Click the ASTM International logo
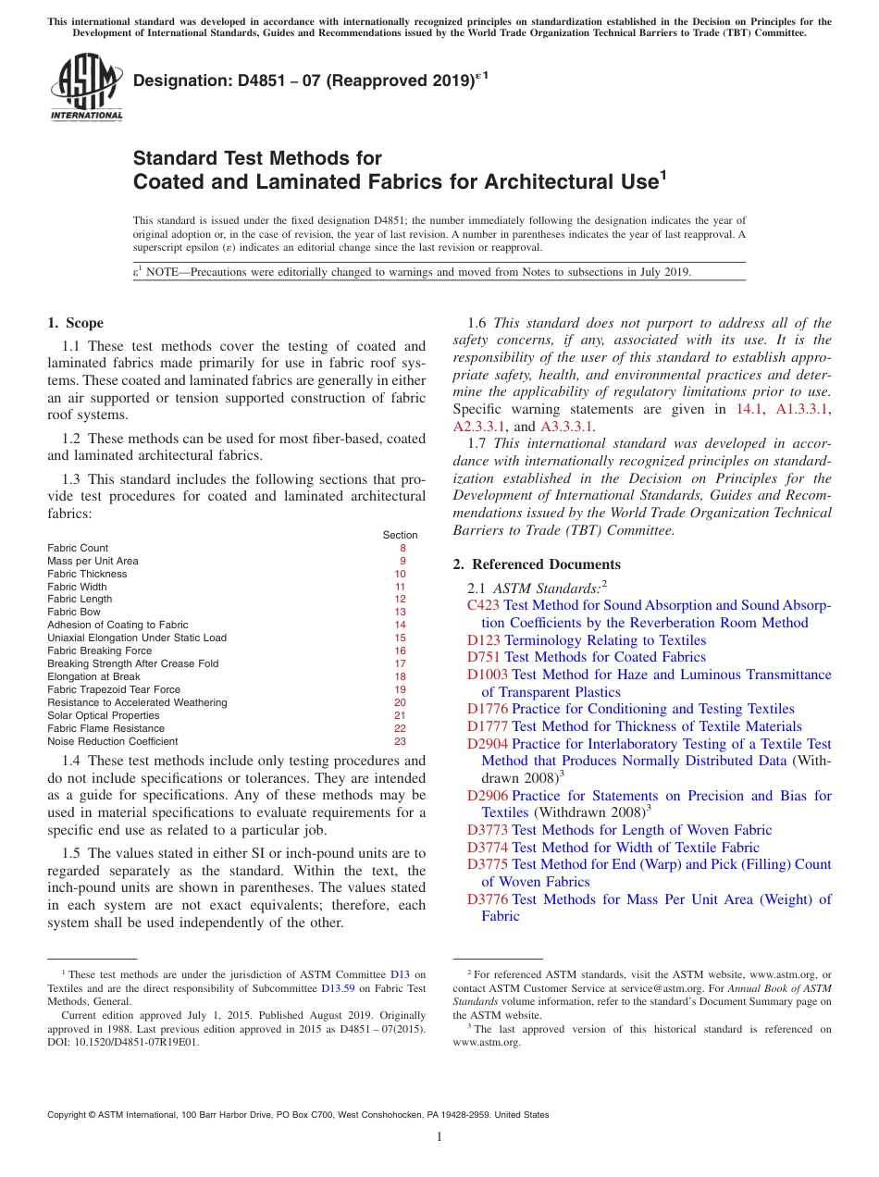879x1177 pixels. [86, 87]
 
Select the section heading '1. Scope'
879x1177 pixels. [75, 323]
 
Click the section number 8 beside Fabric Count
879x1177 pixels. [402, 548]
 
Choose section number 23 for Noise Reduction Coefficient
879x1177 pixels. [400, 741]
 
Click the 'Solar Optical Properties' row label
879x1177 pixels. [104, 715]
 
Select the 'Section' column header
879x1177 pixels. [400, 535]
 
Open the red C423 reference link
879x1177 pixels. [483, 605]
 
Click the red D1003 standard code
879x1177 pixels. [488, 675]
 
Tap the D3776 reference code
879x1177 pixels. [488, 898]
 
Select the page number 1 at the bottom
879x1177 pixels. [439, 1137]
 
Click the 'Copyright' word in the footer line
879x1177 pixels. [68, 1115]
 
